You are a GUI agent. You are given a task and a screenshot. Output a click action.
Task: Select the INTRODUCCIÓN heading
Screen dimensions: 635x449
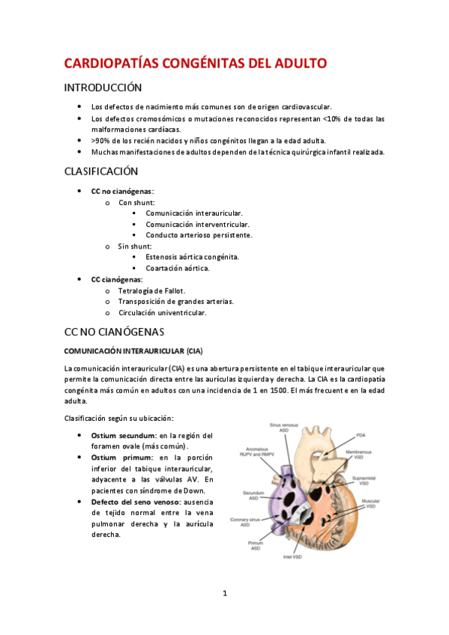(x=103, y=88)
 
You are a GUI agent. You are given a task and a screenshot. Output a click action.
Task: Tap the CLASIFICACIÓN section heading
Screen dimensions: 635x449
(x=101, y=171)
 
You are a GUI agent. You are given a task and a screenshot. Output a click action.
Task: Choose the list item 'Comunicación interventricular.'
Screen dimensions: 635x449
(x=198, y=224)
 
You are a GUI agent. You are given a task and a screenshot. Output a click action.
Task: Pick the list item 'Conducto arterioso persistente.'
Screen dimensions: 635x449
(x=199, y=235)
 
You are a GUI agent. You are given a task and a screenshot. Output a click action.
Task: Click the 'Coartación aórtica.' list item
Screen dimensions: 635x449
(x=178, y=268)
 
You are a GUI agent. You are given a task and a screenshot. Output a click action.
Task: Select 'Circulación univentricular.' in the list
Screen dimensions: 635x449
(x=162, y=312)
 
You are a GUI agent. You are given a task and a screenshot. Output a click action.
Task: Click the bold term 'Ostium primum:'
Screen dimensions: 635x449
(x=118, y=458)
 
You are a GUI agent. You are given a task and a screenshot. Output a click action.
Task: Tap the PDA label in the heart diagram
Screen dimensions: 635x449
(x=361, y=434)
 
